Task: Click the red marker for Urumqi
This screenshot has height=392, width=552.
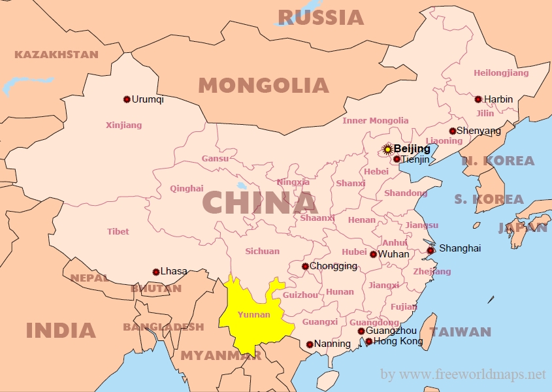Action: click(x=127, y=99)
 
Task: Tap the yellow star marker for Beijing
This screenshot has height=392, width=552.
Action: click(x=387, y=149)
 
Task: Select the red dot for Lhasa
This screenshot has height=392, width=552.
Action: click(x=155, y=272)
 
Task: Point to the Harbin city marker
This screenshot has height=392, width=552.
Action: click(x=478, y=99)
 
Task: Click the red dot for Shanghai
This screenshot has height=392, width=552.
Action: click(x=430, y=250)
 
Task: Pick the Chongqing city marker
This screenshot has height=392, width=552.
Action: click(x=305, y=266)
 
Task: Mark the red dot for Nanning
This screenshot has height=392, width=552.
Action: click(x=310, y=344)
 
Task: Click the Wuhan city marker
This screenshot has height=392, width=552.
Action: click(x=373, y=254)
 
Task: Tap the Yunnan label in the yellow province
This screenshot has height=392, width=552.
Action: click(x=254, y=314)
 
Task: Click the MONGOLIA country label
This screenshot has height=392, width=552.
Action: click(x=263, y=85)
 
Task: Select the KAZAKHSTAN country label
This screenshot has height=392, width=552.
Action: click(x=56, y=54)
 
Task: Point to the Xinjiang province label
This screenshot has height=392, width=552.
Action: click(x=123, y=125)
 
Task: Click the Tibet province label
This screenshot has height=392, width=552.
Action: click(x=118, y=231)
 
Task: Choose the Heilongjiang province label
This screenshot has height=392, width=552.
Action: click(x=501, y=73)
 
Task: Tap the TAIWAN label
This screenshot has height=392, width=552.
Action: click(x=460, y=332)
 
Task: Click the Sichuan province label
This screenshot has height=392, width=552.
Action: click(x=262, y=251)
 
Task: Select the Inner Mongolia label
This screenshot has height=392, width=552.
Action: click(x=376, y=120)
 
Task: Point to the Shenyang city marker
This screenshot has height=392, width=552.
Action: click(x=453, y=131)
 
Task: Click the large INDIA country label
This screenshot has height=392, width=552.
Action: click(x=61, y=330)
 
